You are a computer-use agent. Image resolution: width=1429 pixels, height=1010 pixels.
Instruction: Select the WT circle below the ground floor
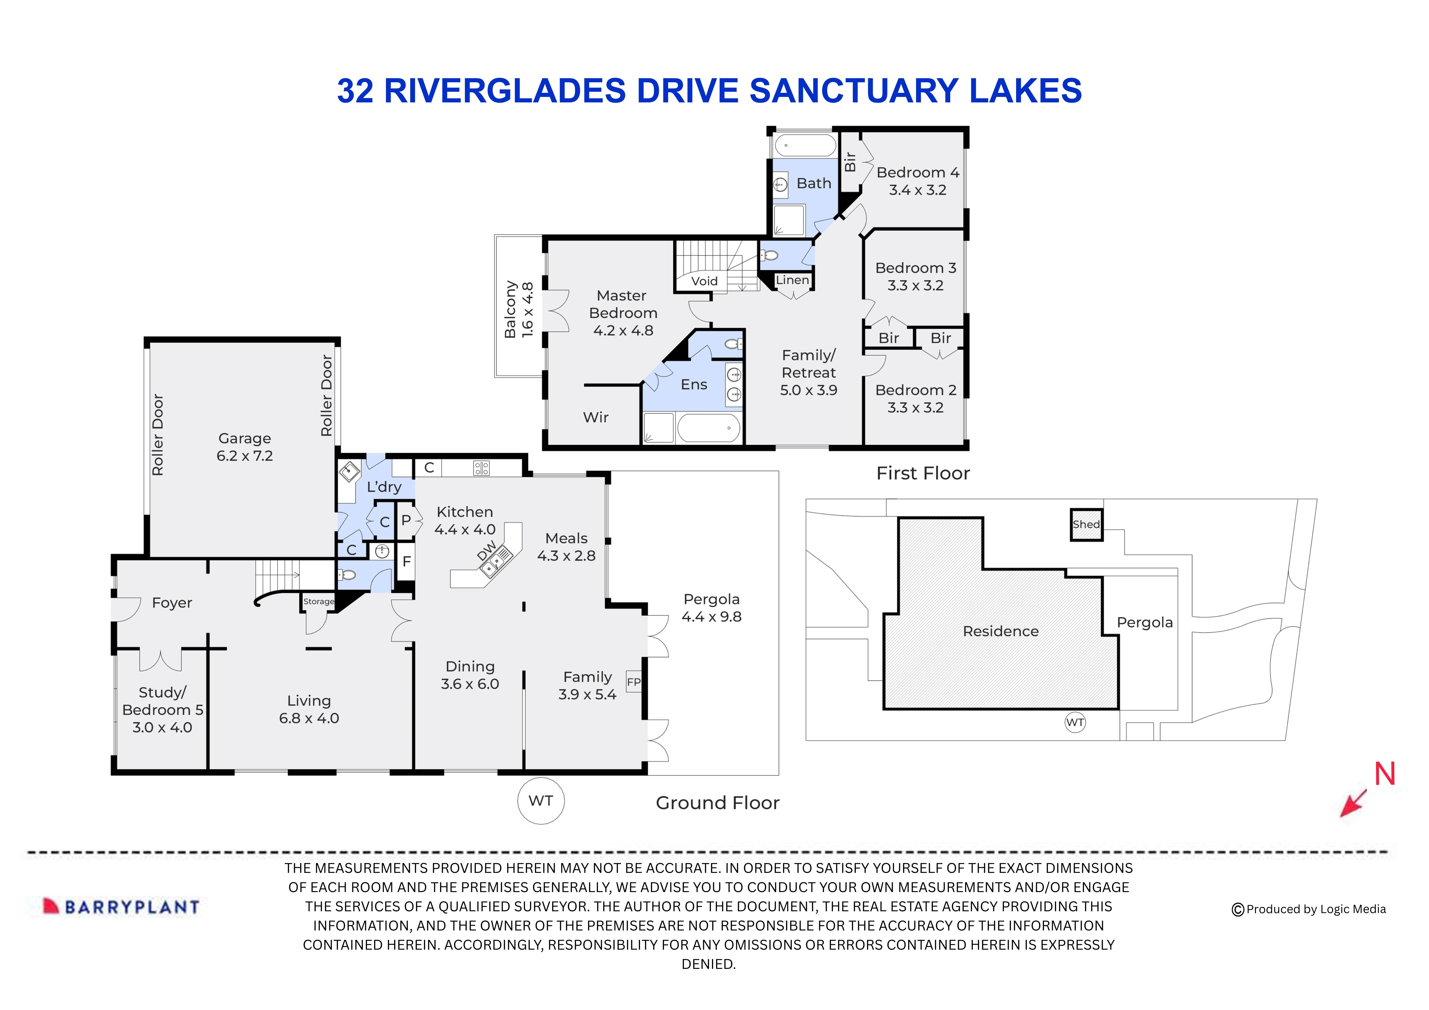[541, 801]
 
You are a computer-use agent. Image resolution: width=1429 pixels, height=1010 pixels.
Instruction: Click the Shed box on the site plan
[1086, 525]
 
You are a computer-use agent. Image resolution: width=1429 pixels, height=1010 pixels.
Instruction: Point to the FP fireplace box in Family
[634, 682]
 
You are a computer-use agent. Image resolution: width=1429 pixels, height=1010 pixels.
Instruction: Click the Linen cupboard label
[792, 280]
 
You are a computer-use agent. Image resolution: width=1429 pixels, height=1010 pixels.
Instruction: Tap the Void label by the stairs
[704, 281]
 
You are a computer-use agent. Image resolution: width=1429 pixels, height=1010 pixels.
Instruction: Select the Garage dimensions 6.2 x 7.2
[245, 456]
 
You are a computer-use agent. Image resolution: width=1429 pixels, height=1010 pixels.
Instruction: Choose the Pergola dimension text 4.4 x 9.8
[711, 617]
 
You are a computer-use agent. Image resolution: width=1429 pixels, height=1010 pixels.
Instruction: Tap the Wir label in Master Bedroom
[596, 418]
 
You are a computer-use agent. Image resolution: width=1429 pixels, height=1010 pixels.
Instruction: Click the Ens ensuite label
[694, 385]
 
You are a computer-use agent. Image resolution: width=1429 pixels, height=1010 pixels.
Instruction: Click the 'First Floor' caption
[922, 474]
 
